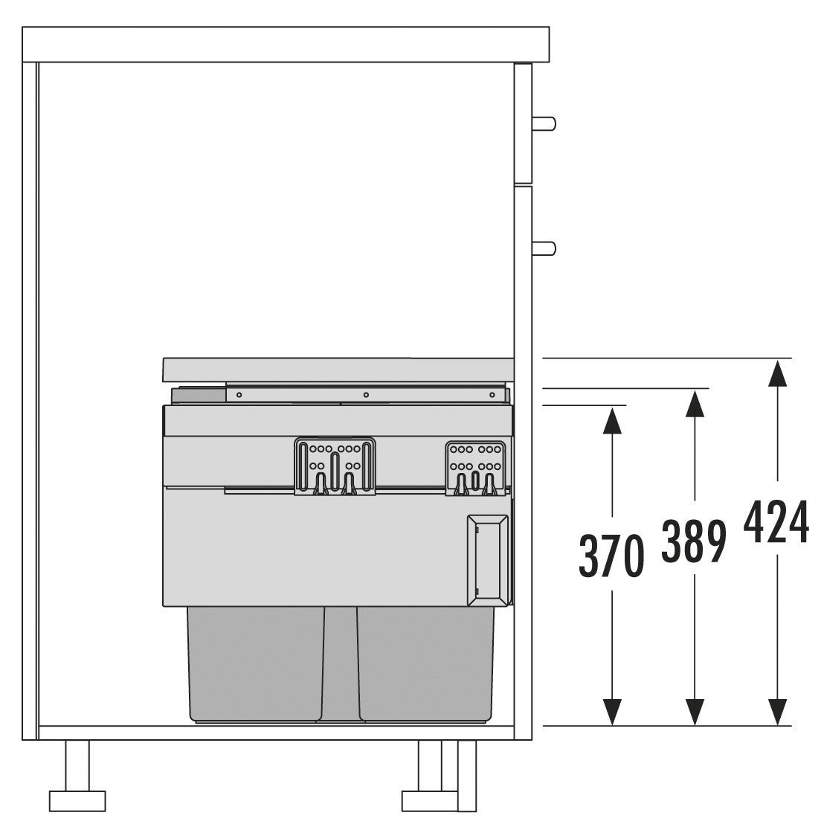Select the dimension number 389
[694, 541]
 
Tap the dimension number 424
[776, 522]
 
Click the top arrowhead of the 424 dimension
[777, 372]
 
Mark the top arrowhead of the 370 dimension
[611, 420]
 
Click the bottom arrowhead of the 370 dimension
[611, 712]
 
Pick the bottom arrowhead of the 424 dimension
[777, 712]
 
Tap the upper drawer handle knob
[545, 124]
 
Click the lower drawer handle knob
[545, 248]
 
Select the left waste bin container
[256, 662]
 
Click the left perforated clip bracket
[335, 466]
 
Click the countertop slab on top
[286, 45]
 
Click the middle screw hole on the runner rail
[366, 395]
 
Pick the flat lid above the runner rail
[338, 369]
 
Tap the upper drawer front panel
[523, 123]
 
